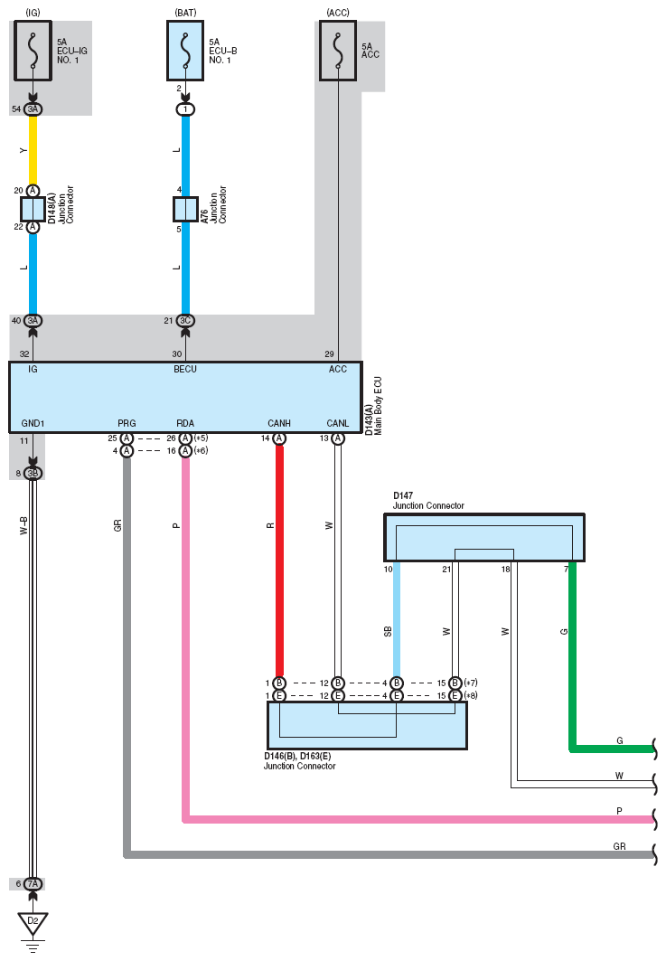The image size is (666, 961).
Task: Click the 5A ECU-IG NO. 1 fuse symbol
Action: [x=33, y=51]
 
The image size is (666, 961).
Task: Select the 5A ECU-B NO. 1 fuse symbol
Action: [x=185, y=51]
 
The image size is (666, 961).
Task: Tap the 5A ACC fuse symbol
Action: [x=338, y=51]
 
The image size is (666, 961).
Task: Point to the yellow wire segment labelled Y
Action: [x=33, y=150]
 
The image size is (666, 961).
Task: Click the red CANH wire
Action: [x=279, y=561]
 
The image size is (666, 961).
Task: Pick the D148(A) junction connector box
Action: [x=33, y=209]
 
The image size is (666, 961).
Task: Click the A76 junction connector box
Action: [x=185, y=209]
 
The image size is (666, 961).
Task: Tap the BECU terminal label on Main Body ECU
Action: [x=185, y=369]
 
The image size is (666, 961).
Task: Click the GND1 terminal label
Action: [x=33, y=423]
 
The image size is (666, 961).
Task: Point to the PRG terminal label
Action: [x=127, y=423]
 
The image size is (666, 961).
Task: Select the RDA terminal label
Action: [x=185, y=423]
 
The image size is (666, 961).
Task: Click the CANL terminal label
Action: [x=338, y=423]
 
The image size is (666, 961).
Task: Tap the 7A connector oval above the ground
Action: [x=33, y=884]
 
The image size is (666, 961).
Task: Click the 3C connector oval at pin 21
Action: [x=185, y=321]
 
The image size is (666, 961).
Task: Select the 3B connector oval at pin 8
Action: [x=33, y=473]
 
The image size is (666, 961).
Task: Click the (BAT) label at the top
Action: [x=185, y=13]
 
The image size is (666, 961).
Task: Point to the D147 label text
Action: [x=403, y=495]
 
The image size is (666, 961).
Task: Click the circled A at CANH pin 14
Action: [x=279, y=438]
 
